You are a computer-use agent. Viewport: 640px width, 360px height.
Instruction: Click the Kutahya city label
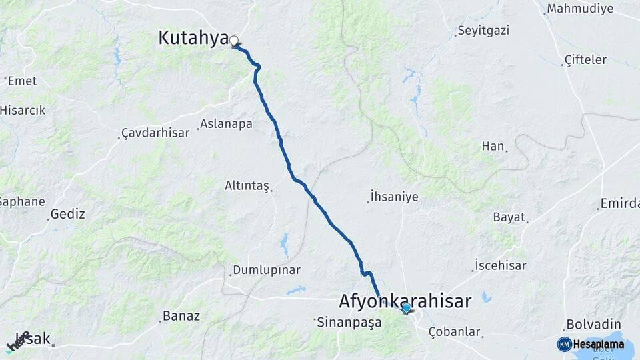193,38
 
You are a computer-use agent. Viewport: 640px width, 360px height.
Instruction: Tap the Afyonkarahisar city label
405,301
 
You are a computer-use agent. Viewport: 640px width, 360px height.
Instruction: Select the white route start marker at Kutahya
233,41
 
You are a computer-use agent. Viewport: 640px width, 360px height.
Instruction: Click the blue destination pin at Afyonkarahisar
406,307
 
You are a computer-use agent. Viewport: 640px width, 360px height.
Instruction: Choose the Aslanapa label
226,124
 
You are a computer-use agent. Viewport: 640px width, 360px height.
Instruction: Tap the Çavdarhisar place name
155,133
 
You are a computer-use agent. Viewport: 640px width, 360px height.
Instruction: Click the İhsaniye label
394,197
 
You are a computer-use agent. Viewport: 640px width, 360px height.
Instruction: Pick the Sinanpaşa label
349,322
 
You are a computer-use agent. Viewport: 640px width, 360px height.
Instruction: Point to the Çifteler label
585,59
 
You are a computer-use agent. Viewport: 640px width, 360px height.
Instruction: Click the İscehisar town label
501,265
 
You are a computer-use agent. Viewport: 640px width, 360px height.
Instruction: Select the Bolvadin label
589,325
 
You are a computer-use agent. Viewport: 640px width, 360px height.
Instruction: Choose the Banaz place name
181,316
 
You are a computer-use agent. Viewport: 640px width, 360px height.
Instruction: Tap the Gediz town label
68,214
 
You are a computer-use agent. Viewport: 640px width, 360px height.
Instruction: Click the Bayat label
509,217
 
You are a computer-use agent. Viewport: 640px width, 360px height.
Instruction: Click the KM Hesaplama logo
591,344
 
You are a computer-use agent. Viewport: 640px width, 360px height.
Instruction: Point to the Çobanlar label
455,331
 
